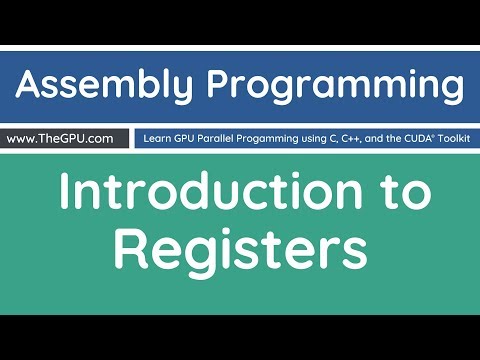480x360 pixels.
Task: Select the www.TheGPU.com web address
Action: click(x=65, y=138)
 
